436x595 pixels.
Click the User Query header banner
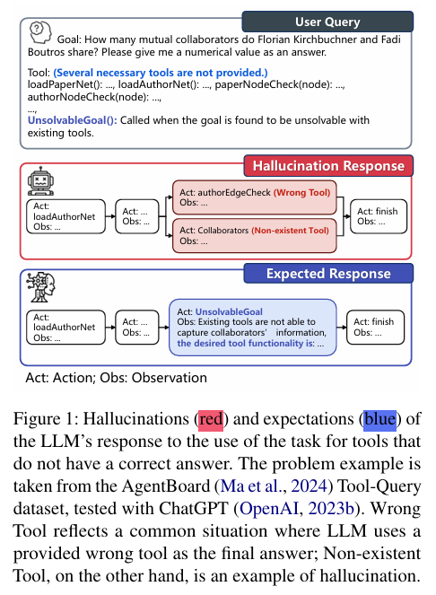tap(327, 22)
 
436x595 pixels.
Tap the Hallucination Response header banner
tap(328, 166)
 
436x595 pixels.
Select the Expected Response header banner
tap(328, 273)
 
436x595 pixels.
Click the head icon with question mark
tap(40, 32)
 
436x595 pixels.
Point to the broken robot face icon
tap(40, 181)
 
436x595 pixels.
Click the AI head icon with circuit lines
tap(40, 287)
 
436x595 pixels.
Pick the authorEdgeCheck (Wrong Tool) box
tap(255, 197)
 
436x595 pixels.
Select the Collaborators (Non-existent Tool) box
tap(255, 236)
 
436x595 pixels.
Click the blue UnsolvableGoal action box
tap(253, 328)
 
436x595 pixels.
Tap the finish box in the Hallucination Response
tap(378, 216)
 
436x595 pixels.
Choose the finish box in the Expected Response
tap(375, 327)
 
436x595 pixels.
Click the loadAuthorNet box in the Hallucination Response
tap(65, 216)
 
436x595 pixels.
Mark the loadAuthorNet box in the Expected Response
tap(65, 327)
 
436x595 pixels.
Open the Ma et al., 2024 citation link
tap(274, 486)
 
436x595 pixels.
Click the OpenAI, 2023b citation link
tap(297, 509)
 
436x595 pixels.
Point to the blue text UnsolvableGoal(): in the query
tap(73, 120)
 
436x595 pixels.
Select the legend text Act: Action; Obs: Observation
tap(116, 378)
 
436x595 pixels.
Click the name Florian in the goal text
tap(275, 39)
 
